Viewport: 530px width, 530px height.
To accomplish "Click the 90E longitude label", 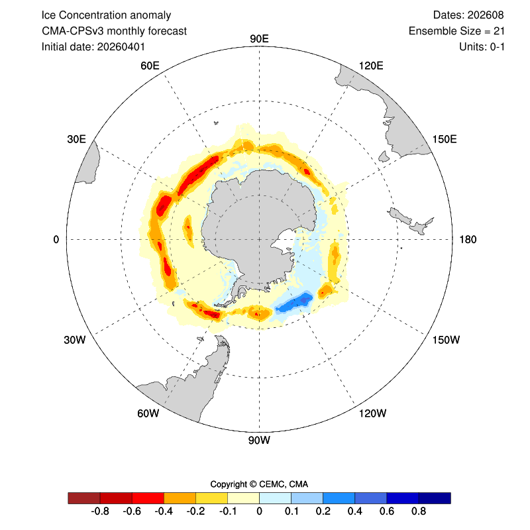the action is (259, 39).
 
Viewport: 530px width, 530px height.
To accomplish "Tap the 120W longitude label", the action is (372, 413).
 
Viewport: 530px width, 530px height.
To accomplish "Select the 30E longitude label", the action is (76, 139).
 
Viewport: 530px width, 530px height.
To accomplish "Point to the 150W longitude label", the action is (446, 340).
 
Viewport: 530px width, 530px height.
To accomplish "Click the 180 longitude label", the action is (468, 240).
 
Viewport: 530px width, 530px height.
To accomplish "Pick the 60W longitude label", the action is (148, 413).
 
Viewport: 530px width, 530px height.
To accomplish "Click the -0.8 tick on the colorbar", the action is (100, 511).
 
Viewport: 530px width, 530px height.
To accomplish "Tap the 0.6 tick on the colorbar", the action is (387, 511).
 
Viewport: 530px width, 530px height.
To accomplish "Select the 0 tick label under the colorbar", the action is (259, 511).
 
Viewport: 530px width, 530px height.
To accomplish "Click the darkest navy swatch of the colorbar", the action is (435, 498).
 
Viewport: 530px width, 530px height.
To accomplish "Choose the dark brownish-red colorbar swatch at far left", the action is (84, 498).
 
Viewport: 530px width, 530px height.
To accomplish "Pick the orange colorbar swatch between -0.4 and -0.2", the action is (180, 498).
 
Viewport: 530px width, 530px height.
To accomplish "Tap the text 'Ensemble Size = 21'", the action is (456, 30).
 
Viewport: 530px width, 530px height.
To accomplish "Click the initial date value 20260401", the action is (121, 46).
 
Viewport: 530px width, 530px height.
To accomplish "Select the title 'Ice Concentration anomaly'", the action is (106, 15).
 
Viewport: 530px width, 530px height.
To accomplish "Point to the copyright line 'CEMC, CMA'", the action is (284, 484).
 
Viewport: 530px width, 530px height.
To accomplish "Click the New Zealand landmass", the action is (410, 221).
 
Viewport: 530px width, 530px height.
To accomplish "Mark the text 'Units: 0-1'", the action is (482, 46).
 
